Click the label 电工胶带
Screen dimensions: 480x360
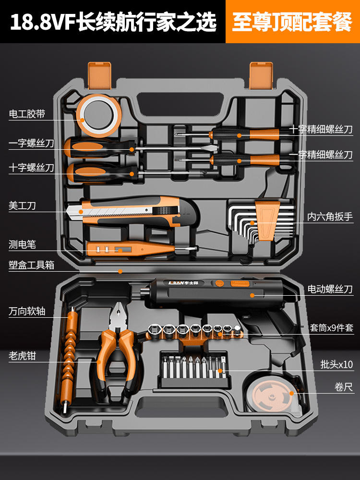pos(27,114)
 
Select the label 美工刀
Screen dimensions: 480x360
pos(22,206)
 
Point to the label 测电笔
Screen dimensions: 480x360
pos(22,245)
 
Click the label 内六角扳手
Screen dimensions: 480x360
pos(330,217)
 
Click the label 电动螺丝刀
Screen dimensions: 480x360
pos(330,289)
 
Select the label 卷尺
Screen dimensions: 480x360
pos(344,387)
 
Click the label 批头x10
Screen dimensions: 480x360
pos(336,365)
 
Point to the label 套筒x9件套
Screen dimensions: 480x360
pos(331,328)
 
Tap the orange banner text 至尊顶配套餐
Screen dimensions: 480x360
pos(291,22)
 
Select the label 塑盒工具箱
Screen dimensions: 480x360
pos(32,264)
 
